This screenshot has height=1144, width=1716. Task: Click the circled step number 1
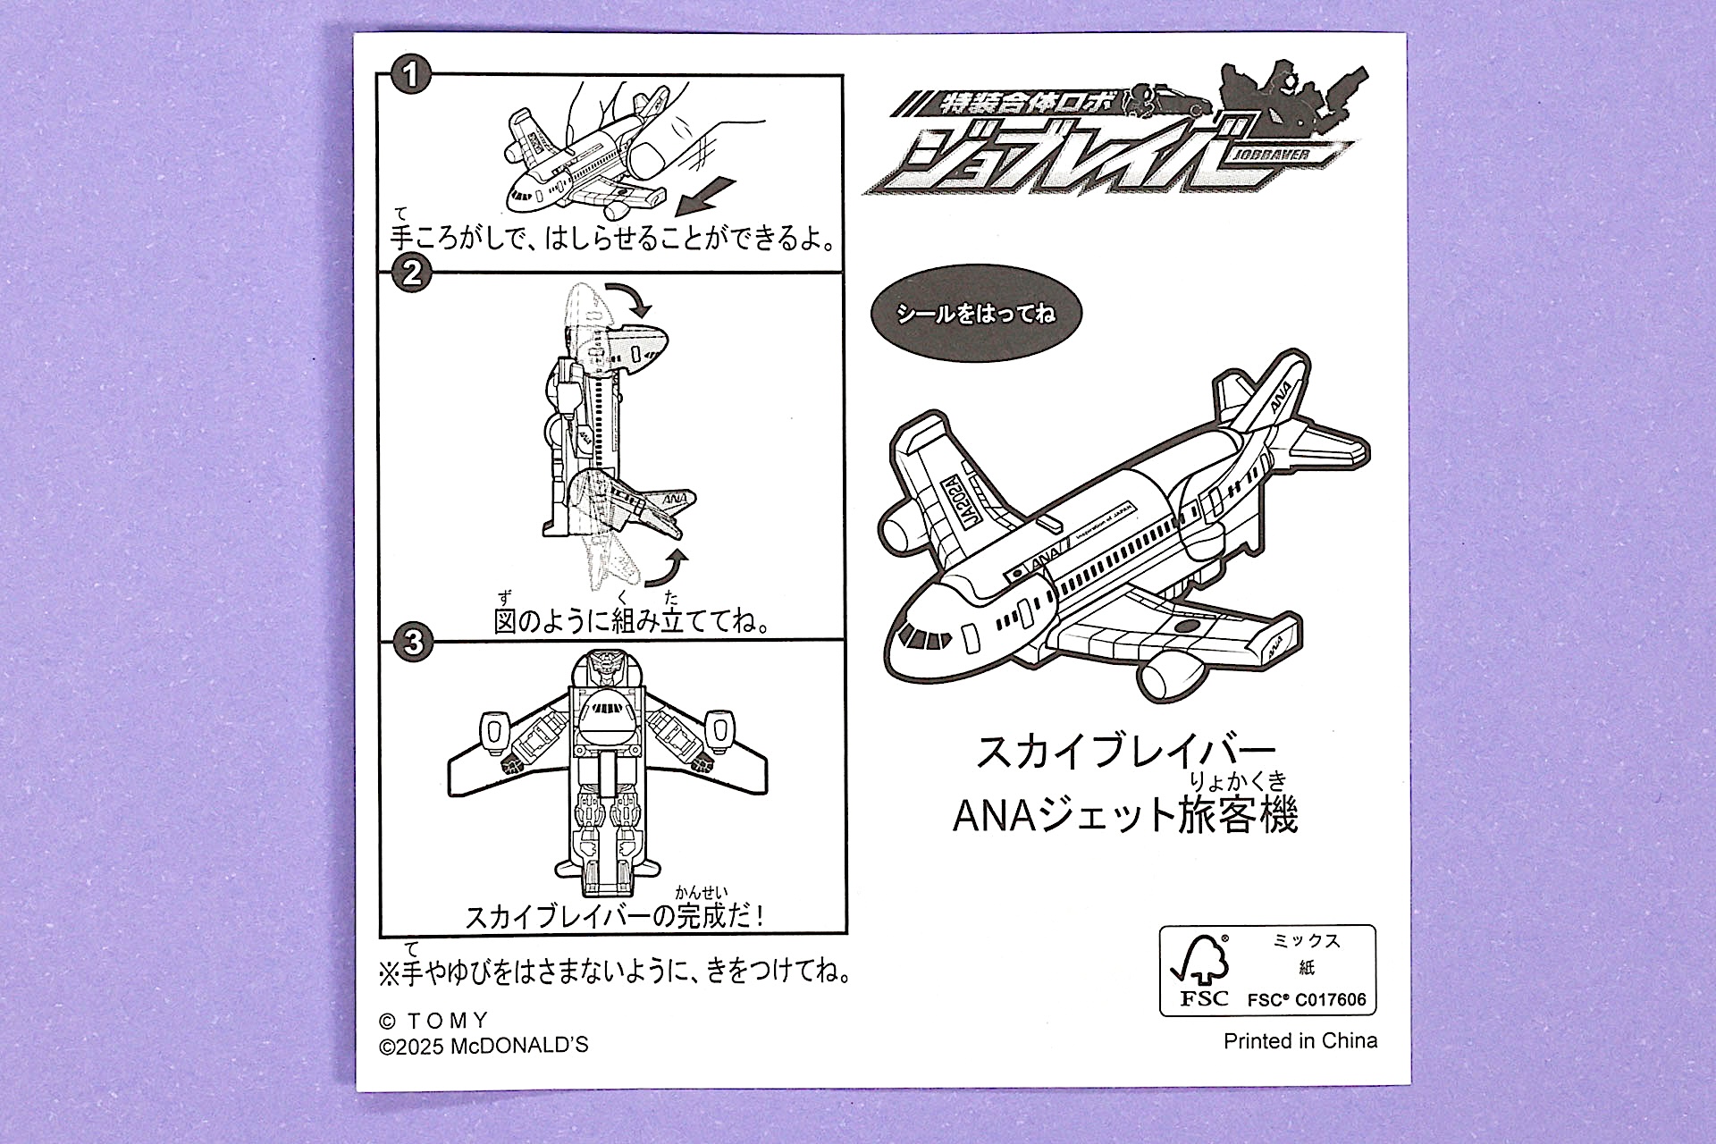click(410, 75)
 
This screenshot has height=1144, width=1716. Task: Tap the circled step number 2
click(411, 272)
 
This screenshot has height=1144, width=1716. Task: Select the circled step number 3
click(412, 643)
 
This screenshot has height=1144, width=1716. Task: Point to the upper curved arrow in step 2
click(633, 300)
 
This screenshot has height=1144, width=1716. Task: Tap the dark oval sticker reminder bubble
click(975, 314)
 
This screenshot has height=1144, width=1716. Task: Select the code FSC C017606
click(1307, 999)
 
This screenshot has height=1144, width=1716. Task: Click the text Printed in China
click(1300, 1040)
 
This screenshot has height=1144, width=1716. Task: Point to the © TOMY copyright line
click(434, 1021)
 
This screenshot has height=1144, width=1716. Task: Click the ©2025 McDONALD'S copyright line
click(484, 1045)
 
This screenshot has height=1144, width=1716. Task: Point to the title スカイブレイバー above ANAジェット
click(1124, 752)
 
